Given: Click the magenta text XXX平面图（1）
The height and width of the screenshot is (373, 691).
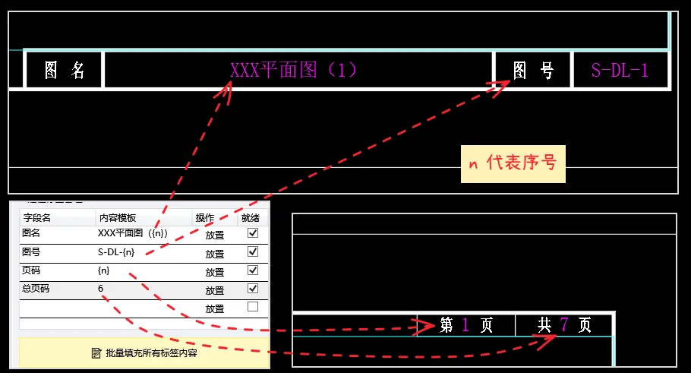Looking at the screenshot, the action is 294,71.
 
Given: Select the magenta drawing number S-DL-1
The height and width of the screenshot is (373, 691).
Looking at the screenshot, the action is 620,71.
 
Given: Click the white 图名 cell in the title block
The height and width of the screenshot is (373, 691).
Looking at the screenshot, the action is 65,71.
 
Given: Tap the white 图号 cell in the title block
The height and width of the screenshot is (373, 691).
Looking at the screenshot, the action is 533,71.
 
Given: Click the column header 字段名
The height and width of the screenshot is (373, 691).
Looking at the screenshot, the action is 37,217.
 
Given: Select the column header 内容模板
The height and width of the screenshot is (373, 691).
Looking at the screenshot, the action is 117,217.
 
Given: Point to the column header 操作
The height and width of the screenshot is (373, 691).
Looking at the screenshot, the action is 205,217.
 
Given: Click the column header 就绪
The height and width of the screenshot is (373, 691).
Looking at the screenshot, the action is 250,217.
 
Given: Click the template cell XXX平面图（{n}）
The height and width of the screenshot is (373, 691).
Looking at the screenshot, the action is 133,234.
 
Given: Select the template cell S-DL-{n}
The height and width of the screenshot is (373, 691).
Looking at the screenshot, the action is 116,252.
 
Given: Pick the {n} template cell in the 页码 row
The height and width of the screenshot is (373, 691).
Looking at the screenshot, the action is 104,270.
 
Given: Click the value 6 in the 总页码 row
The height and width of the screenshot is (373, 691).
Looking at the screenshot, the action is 101,289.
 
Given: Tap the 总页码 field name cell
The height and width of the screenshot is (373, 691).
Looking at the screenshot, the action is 36,289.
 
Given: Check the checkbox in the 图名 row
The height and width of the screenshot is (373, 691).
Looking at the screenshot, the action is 253,234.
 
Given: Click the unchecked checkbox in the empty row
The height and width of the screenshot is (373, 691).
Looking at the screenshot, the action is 253,307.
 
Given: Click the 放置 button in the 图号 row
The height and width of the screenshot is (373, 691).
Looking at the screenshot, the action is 215,254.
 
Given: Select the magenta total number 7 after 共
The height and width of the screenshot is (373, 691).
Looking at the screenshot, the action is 563,325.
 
